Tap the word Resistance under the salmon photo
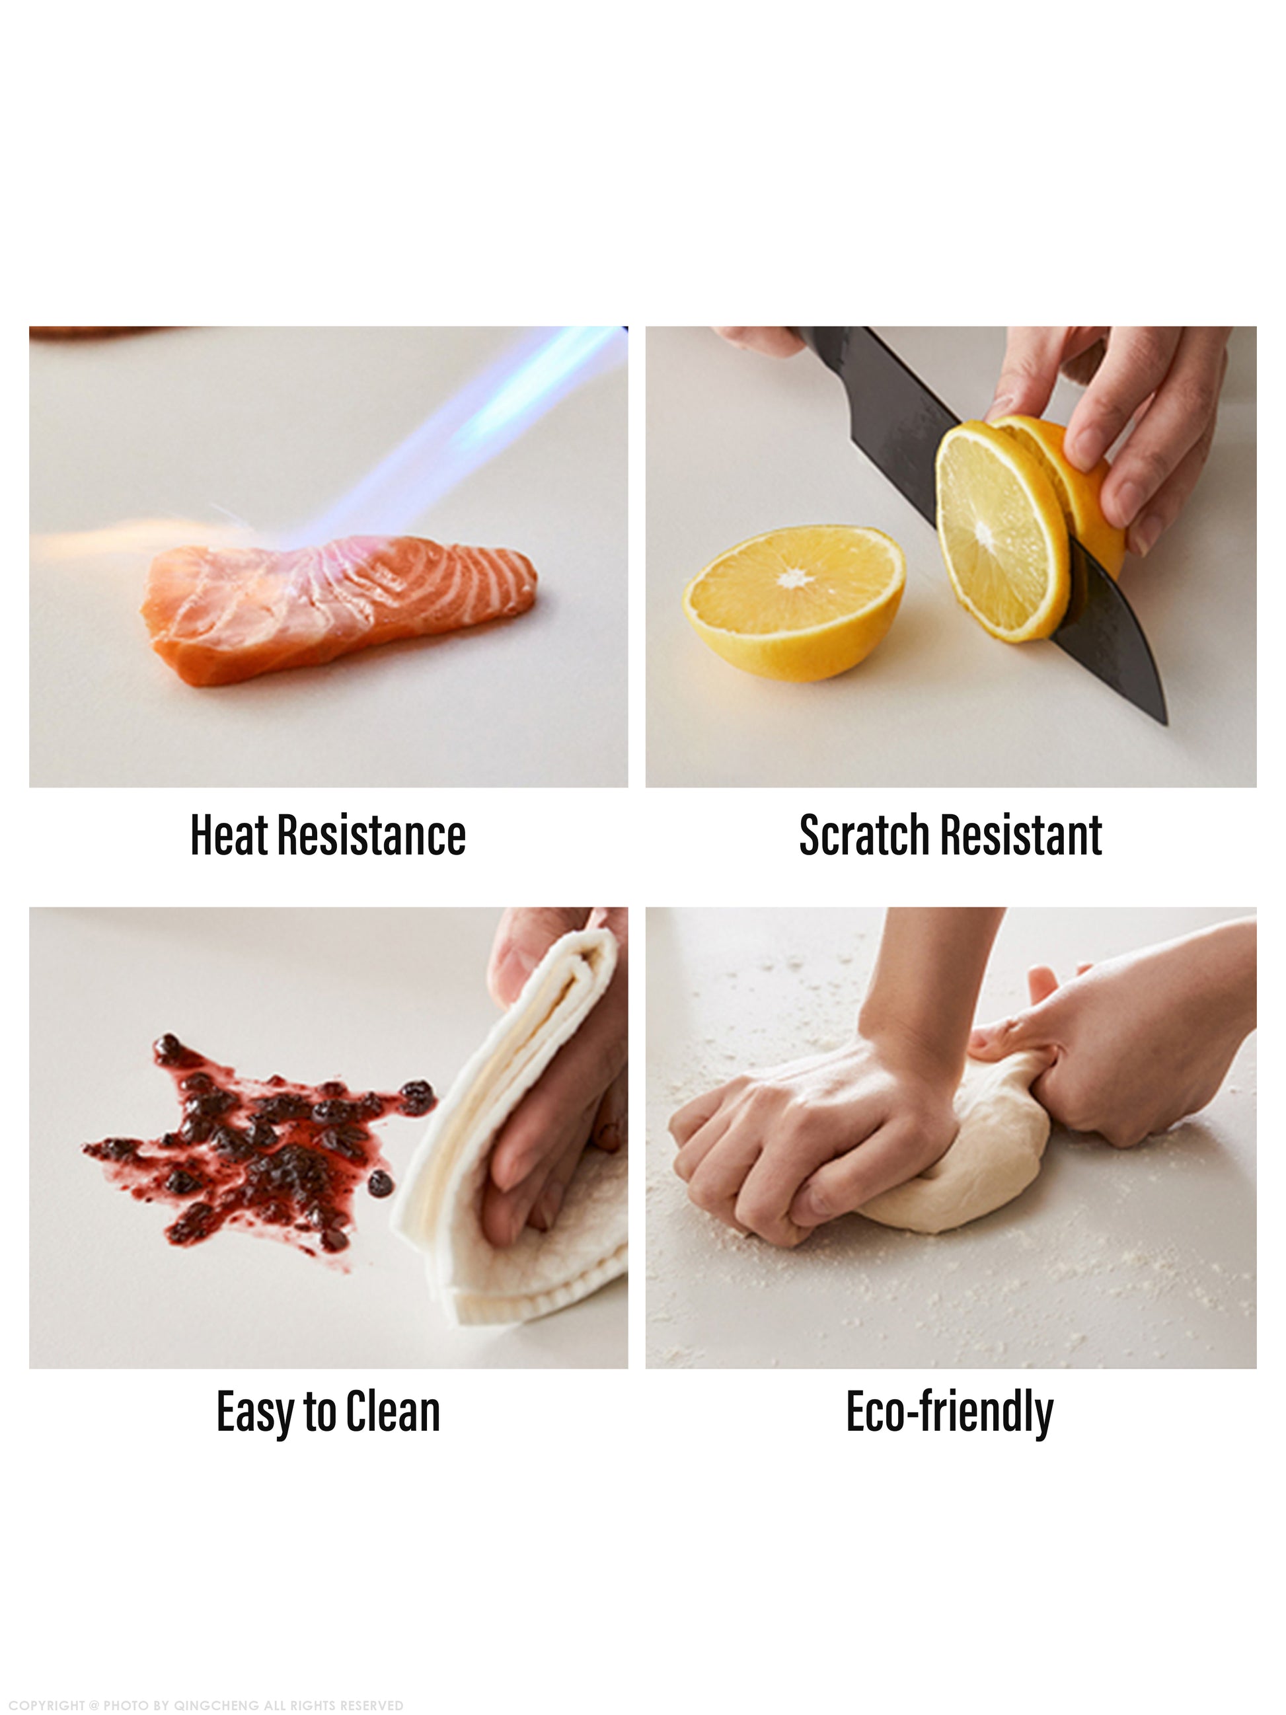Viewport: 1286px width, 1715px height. coord(371,834)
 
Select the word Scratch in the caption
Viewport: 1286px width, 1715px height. coord(864,834)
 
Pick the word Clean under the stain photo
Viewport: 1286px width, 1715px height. coord(393,1412)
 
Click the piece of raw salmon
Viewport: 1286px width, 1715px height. coord(339,613)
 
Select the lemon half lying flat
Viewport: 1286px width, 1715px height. coord(794,603)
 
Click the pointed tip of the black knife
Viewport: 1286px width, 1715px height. coord(1165,724)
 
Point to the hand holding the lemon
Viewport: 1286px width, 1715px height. coord(1116,434)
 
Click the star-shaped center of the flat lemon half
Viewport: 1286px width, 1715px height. coord(794,579)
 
